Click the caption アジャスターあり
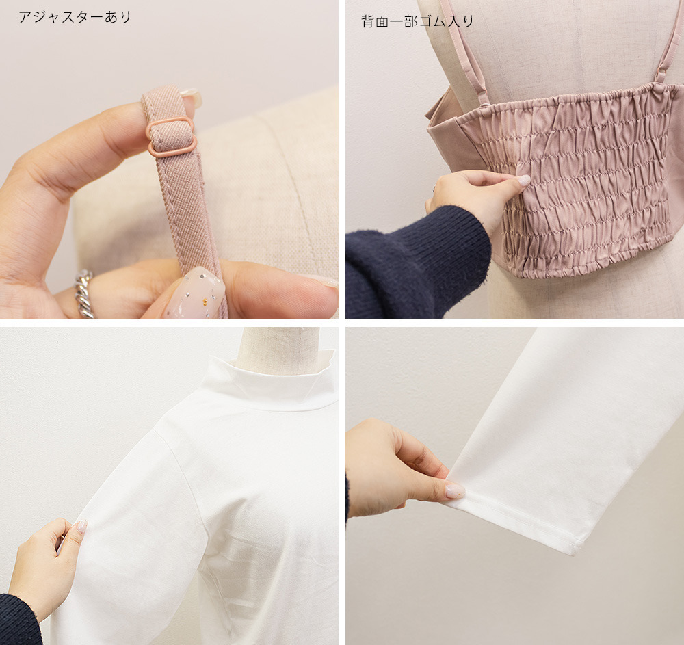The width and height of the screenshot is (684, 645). [75, 17]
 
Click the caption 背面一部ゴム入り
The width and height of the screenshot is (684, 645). [417, 21]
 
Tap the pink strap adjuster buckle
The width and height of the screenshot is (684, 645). [172, 135]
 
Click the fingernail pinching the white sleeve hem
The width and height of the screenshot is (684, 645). [454, 491]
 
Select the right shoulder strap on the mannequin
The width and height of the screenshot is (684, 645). [668, 48]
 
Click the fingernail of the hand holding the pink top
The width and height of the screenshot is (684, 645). [523, 181]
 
